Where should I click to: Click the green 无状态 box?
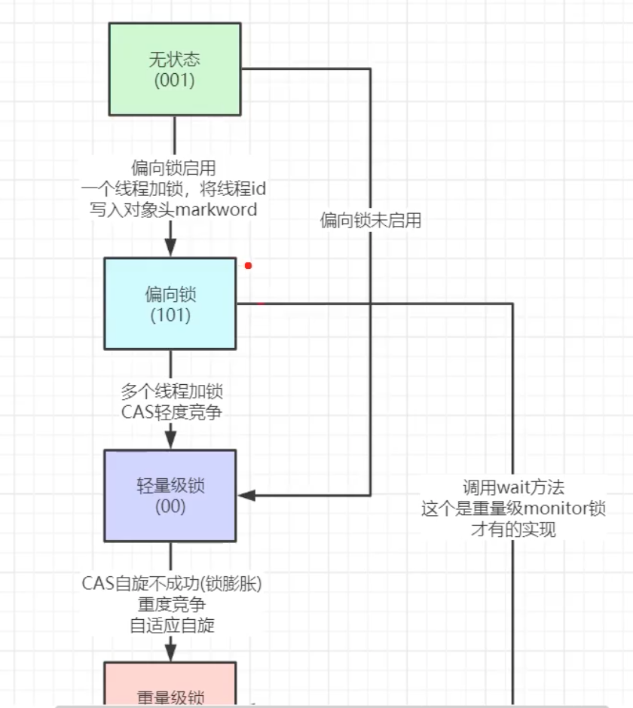(174, 69)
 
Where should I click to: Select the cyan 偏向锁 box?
(170, 304)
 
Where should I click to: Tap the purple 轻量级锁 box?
(170, 495)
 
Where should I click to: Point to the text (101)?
(170, 315)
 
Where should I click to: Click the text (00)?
(170, 507)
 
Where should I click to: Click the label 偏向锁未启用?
(370, 220)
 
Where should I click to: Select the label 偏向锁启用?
(173, 167)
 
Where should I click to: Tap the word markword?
(216, 209)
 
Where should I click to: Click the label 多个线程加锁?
(172, 392)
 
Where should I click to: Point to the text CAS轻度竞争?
(172, 412)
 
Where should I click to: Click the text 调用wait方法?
(513, 487)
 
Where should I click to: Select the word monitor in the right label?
(549, 508)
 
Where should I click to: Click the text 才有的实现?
(513, 529)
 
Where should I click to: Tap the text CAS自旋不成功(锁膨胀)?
(172, 583)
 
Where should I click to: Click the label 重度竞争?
(172, 604)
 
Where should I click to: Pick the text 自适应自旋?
(172, 624)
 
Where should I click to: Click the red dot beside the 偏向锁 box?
(248, 265)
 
